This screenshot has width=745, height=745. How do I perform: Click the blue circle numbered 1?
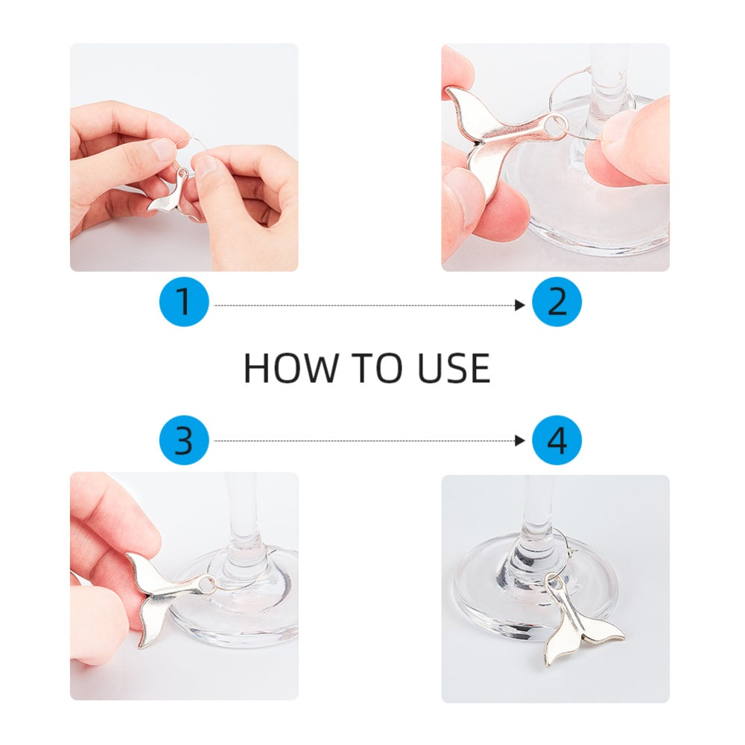click(184, 302)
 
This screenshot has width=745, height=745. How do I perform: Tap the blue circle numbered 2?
click(557, 302)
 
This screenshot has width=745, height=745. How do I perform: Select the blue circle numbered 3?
click(184, 440)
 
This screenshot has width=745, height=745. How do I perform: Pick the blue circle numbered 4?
click(557, 440)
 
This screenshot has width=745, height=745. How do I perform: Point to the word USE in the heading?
click(454, 368)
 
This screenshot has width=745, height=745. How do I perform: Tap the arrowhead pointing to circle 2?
click(520, 305)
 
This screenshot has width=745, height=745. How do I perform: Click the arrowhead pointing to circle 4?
click(520, 441)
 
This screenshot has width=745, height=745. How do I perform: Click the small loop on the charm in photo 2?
click(555, 125)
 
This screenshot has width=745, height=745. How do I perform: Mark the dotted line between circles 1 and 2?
click(365, 305)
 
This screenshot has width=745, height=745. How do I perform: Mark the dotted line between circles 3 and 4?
click(365, 441)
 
